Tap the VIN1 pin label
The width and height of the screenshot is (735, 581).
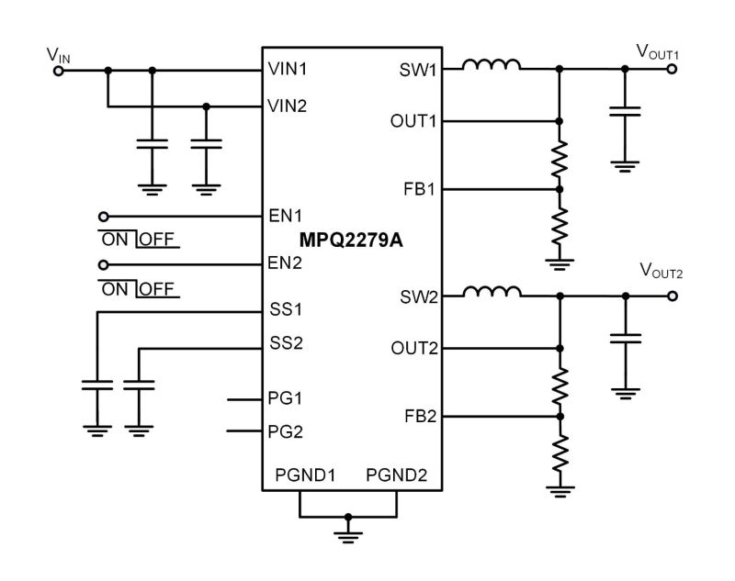tap(288, 70)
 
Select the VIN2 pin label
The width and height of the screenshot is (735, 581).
tap(288, 106)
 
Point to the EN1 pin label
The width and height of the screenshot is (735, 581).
tap(284, 217)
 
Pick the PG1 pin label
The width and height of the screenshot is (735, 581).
tap(284, 399)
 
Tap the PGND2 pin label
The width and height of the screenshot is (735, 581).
tap(396, 475)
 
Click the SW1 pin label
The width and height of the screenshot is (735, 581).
tap(418, 70)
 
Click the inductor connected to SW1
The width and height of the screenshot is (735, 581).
tap(492, 66)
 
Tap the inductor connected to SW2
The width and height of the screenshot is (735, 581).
tap(492, 293)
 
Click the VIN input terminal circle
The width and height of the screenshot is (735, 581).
tap(59, 70)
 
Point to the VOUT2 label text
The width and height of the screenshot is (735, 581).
tap(660, 271)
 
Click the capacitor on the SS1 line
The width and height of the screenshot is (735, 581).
tap(96, 385)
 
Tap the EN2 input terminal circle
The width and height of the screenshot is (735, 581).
tap(103, 265)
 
